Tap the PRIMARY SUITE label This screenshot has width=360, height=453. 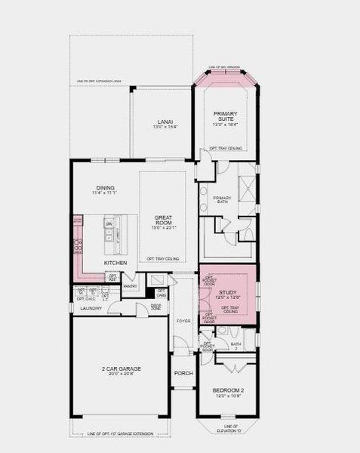click(x=225, y=116)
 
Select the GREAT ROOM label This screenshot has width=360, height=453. click(x=164, y=220)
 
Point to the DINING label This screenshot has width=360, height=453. click(x=105, y=188)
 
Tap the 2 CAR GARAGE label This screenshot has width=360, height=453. click(x=122, y=368)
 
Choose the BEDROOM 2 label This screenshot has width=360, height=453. click(x=227, y=390)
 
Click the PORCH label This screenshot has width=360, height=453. click(x=183, y=373)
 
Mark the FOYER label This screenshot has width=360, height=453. click(x=183, y=321)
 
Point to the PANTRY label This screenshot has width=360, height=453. click(x=130, y=286)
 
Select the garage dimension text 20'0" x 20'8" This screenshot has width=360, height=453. click(x=122, y=374)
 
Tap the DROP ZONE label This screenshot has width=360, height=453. click(x=155, y=307)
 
